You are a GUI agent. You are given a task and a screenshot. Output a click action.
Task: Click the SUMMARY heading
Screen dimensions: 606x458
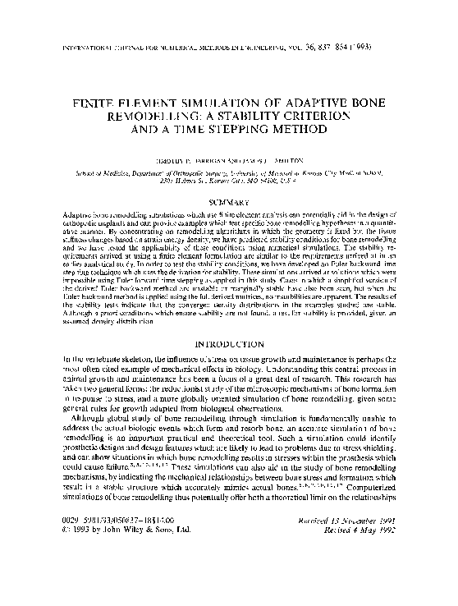coord(228,200)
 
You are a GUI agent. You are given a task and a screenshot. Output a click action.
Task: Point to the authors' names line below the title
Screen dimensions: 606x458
coord(228,163)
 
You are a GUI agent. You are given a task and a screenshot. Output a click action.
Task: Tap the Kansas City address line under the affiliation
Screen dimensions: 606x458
coord(228,182)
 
